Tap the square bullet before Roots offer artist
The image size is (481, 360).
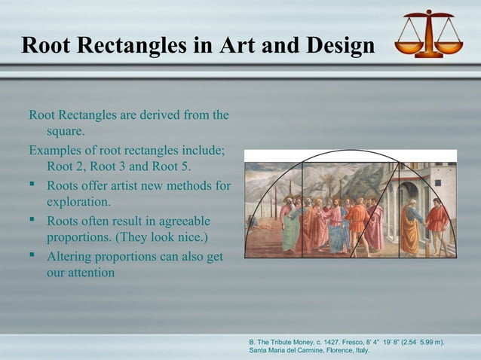(33, 185)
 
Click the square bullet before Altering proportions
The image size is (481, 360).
(33, 256)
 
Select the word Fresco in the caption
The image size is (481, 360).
(361, 343)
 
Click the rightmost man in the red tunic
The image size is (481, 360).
(436, 226)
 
